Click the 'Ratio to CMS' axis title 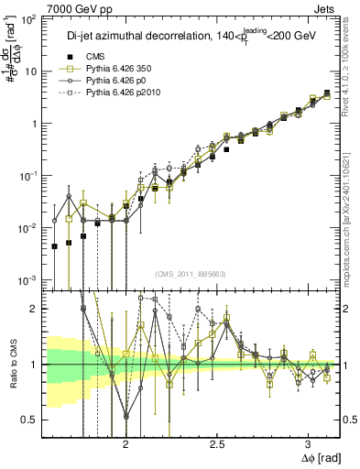pos(12,365)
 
